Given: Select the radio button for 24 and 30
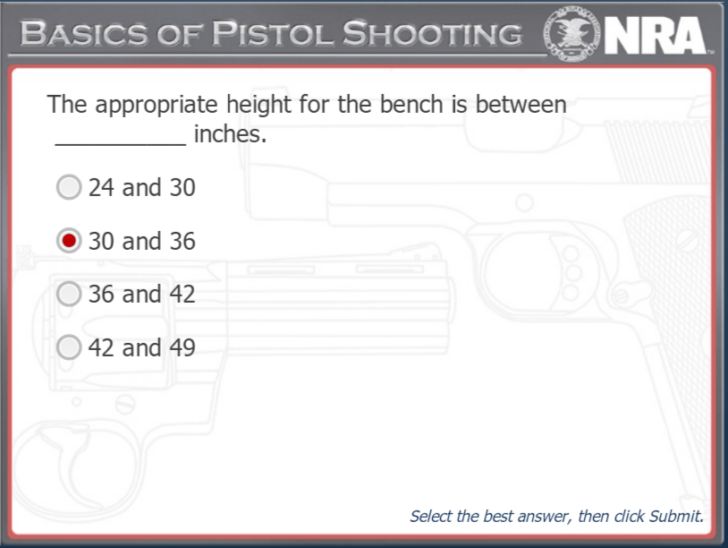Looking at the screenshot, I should [x=69, y=187].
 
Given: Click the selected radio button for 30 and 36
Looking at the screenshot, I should [x=69, y=241].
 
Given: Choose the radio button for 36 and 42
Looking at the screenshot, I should [x=69, y=294].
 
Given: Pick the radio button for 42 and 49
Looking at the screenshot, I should [x=69, y=347].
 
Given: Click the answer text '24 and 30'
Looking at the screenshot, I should [x=141, y=188].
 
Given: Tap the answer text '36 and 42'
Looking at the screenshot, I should [x=141, y=295].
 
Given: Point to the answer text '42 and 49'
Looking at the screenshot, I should [x=141, y=347].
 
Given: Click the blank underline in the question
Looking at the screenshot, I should [x=121, y=139].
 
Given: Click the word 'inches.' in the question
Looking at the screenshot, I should [x=230, y=136].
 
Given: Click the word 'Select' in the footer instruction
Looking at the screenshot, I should [x=431, y=517].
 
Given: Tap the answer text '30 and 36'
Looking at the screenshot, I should [x=141, y=242].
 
